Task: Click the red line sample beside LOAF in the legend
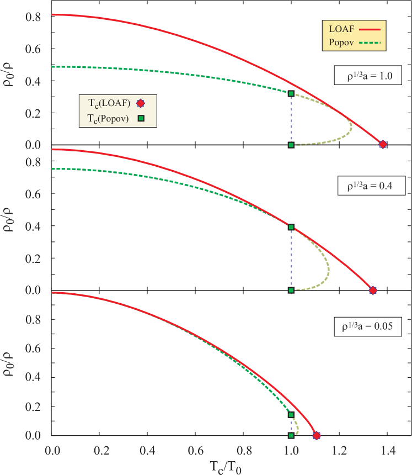(371, 28)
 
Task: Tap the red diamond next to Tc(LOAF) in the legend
(141, 103)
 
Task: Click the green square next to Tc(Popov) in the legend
(141, 118)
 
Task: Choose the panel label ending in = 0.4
(371, 186)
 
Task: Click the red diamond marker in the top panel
(383, 144)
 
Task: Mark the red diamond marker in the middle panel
(373, 290)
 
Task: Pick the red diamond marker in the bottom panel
(317, 435)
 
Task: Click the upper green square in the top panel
(291, 93)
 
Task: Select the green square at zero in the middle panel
(291, 290)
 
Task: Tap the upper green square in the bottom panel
(291, 414)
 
